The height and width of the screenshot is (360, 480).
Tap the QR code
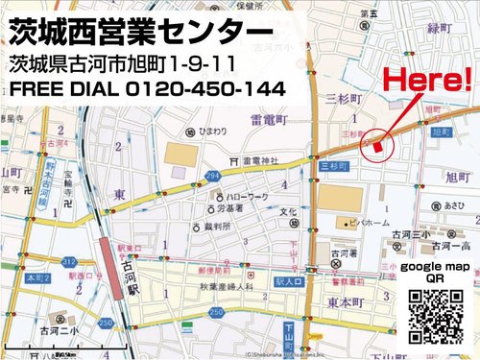click(437, 315)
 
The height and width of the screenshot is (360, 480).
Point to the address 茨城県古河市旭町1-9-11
click(133, 64)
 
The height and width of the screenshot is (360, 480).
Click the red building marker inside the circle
click(378, 144)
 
